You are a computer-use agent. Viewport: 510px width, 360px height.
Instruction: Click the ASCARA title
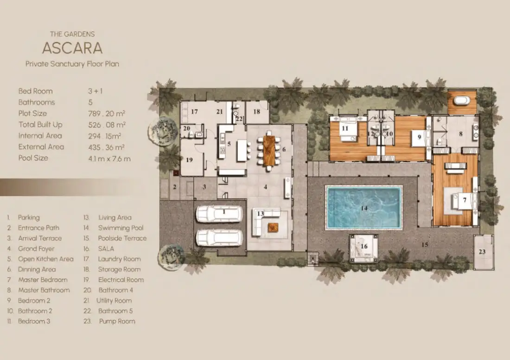coord(72,48)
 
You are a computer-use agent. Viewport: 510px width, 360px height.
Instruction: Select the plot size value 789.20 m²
coord(107,114)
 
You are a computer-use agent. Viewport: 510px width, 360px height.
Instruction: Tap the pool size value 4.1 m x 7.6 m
coord(109,158)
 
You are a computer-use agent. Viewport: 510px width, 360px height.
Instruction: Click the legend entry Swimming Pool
coord(121,228)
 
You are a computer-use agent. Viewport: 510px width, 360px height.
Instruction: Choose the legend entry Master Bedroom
coord(43,280)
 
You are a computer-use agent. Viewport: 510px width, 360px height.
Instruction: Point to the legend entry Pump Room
coord(117,322)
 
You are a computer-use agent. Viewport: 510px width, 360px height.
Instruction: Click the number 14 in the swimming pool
coord(364,208)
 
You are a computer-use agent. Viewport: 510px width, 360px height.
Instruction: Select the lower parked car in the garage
coord(219,238)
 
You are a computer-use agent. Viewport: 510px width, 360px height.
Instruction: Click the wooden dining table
coord(269,150)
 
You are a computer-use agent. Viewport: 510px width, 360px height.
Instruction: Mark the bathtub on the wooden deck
coord(462,100)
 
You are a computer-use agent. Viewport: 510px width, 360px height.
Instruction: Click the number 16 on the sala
coord(364,246)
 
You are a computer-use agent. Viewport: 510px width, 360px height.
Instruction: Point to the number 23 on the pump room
coord(482,252)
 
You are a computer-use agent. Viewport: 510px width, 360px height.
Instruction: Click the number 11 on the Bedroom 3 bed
coord(345,128)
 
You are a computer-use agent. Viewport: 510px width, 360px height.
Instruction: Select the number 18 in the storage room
coord(257,112)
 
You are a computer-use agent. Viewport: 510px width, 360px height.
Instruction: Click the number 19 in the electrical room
coord(189,159)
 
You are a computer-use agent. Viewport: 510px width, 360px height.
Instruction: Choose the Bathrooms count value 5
coord(90,102)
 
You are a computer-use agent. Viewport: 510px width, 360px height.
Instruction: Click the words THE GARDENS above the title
coord(72,34)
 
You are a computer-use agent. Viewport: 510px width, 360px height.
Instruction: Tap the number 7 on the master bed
coord(465,200)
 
